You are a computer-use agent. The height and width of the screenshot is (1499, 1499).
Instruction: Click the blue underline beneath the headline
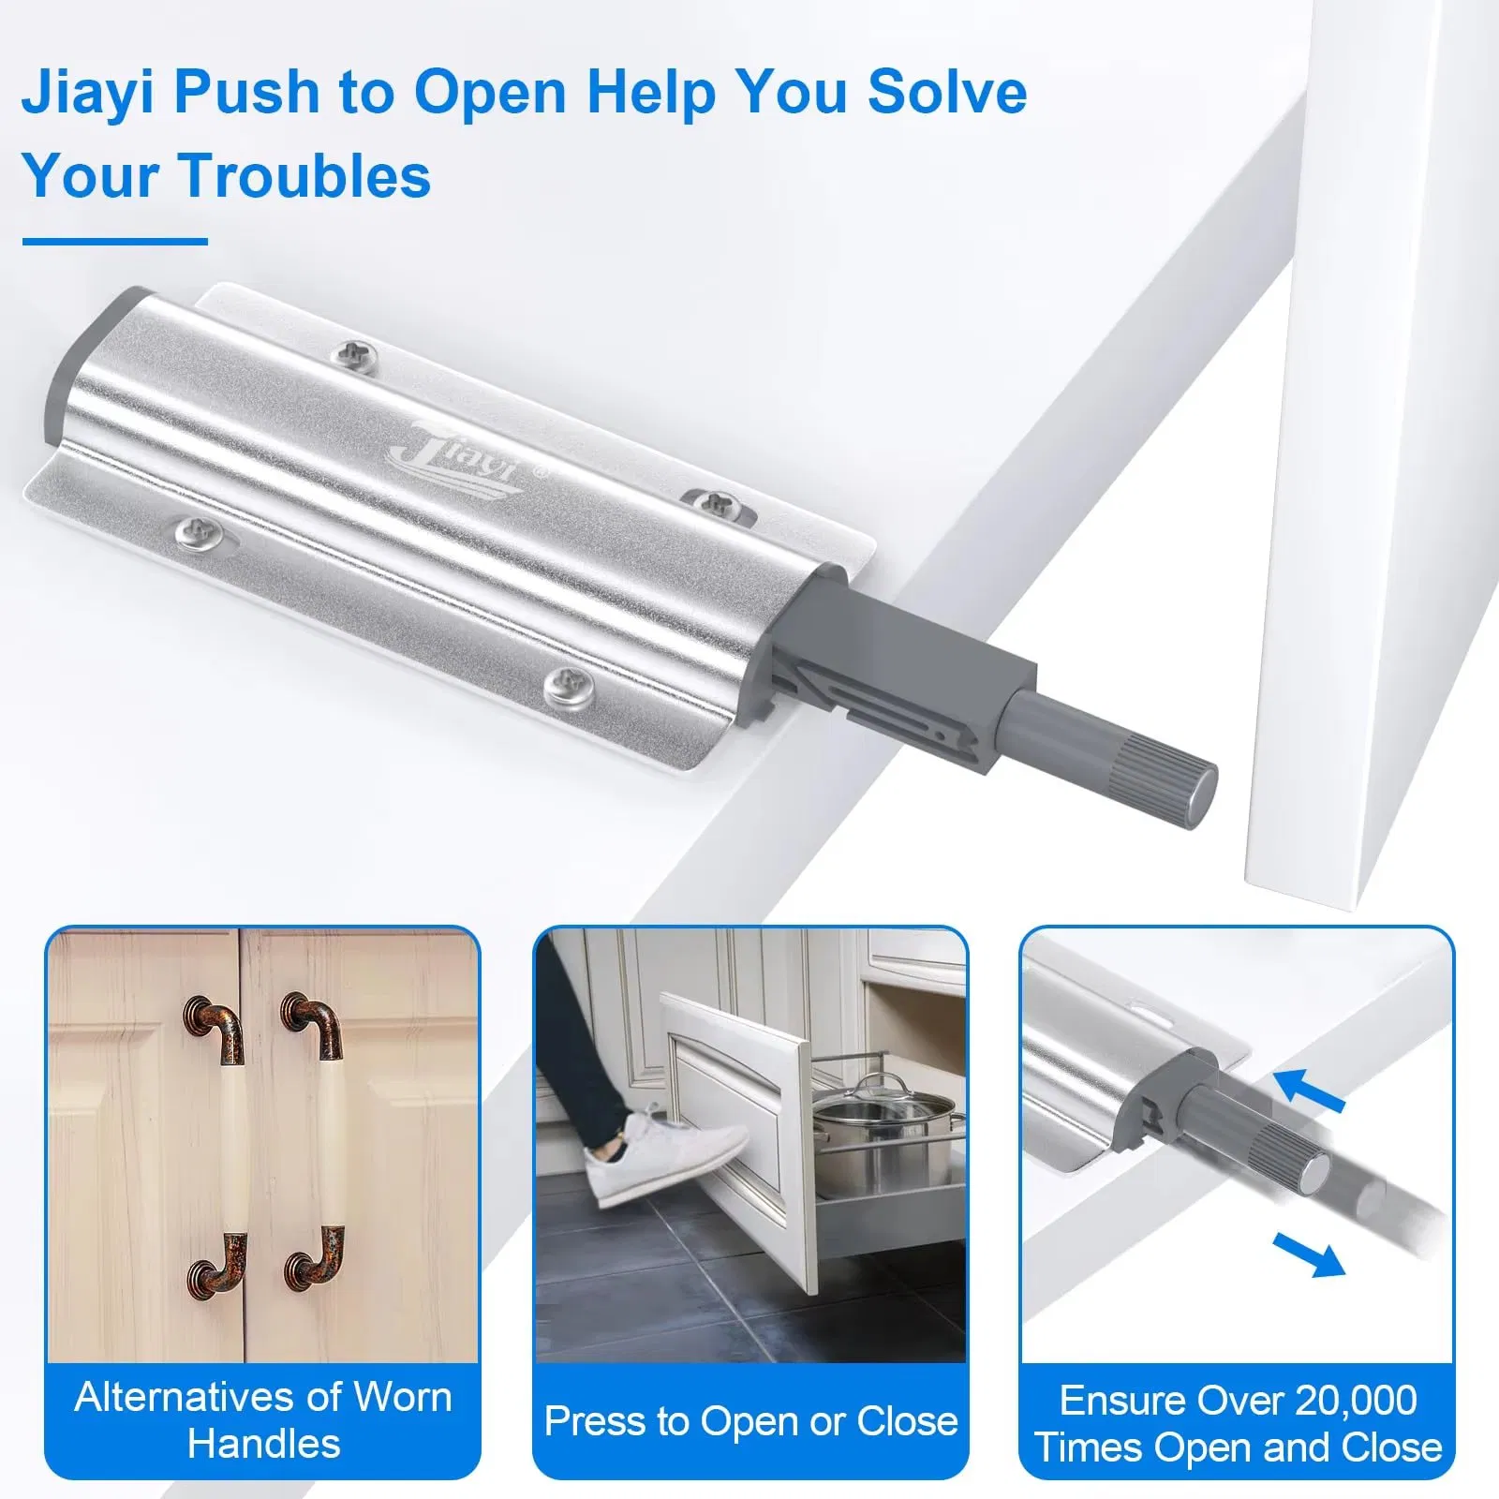114,242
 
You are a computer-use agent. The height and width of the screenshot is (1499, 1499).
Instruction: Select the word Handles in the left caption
264,1444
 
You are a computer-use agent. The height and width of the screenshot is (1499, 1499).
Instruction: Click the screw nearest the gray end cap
357,354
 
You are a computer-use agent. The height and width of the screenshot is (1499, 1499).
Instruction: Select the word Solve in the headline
946,94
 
